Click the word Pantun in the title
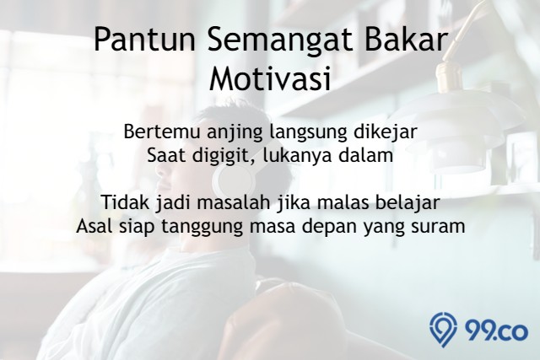pos(145,40)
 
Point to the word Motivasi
pos(270,78)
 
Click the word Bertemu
pos(161,132)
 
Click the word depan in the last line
pos(327,228)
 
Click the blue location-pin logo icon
pos(443,329)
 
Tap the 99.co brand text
pos(496,331)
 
